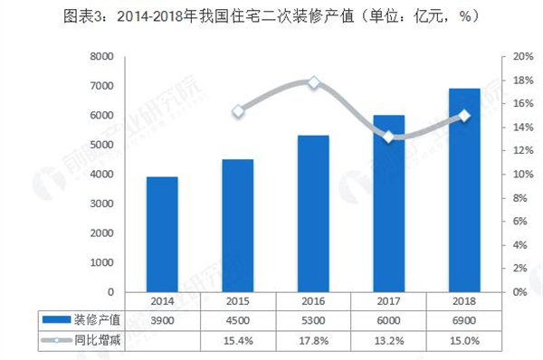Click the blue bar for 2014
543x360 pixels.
click(x=162, y=234)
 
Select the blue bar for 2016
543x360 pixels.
click(x=313, y=213)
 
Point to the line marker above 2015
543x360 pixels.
click(x=238, y=111)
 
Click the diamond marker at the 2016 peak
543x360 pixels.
click(x=314, y=82)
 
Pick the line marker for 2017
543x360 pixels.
click(x=389, y=137)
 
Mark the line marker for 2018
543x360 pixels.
click(x=464, y=116)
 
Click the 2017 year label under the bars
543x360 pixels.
click(x=389, y=301)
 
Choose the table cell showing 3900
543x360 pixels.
click(x=162, y=319)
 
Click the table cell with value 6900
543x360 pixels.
click(x=464, y=319)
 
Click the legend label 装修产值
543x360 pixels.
click(x=94, y=319)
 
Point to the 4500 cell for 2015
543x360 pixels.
click(x=238, y=319)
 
